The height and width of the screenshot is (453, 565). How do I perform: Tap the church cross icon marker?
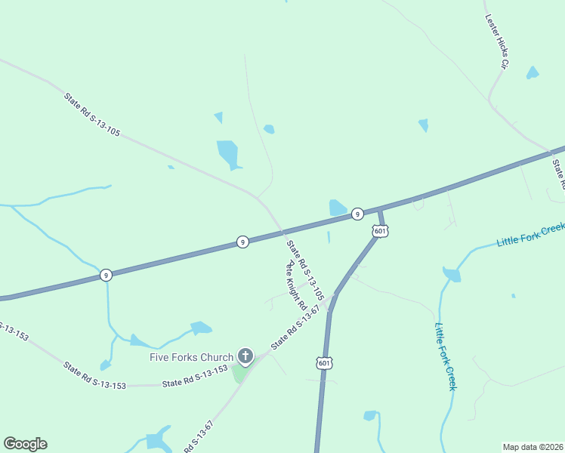coord(245,356)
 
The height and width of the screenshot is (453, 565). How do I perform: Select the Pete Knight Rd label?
coord(295,286)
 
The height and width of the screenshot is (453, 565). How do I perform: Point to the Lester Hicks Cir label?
coord(496,42)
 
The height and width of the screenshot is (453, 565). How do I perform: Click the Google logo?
coord(25,444)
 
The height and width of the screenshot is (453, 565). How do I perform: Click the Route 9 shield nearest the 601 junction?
coord(357,214)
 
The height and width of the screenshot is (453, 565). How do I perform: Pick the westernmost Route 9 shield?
coord(107,276)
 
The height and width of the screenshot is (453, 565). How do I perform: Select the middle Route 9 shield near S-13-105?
coord(242,242)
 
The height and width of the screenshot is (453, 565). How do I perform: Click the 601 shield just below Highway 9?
coord(380,231)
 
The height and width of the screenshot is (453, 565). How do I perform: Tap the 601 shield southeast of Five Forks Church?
coord(324,364)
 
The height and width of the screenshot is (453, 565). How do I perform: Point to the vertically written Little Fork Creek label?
coord(445,356)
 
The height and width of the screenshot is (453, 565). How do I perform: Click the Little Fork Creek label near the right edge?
coord(530,235)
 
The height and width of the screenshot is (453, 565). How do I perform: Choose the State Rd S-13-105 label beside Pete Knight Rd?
coord(305,270)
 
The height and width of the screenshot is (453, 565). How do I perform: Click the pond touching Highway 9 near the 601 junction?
coord(338,207)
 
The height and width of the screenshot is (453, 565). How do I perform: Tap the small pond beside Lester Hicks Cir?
coord(533,73)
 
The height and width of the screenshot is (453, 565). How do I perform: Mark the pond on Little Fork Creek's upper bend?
coord(452,274)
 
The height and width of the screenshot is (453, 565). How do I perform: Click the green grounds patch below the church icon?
coord(240,372)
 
